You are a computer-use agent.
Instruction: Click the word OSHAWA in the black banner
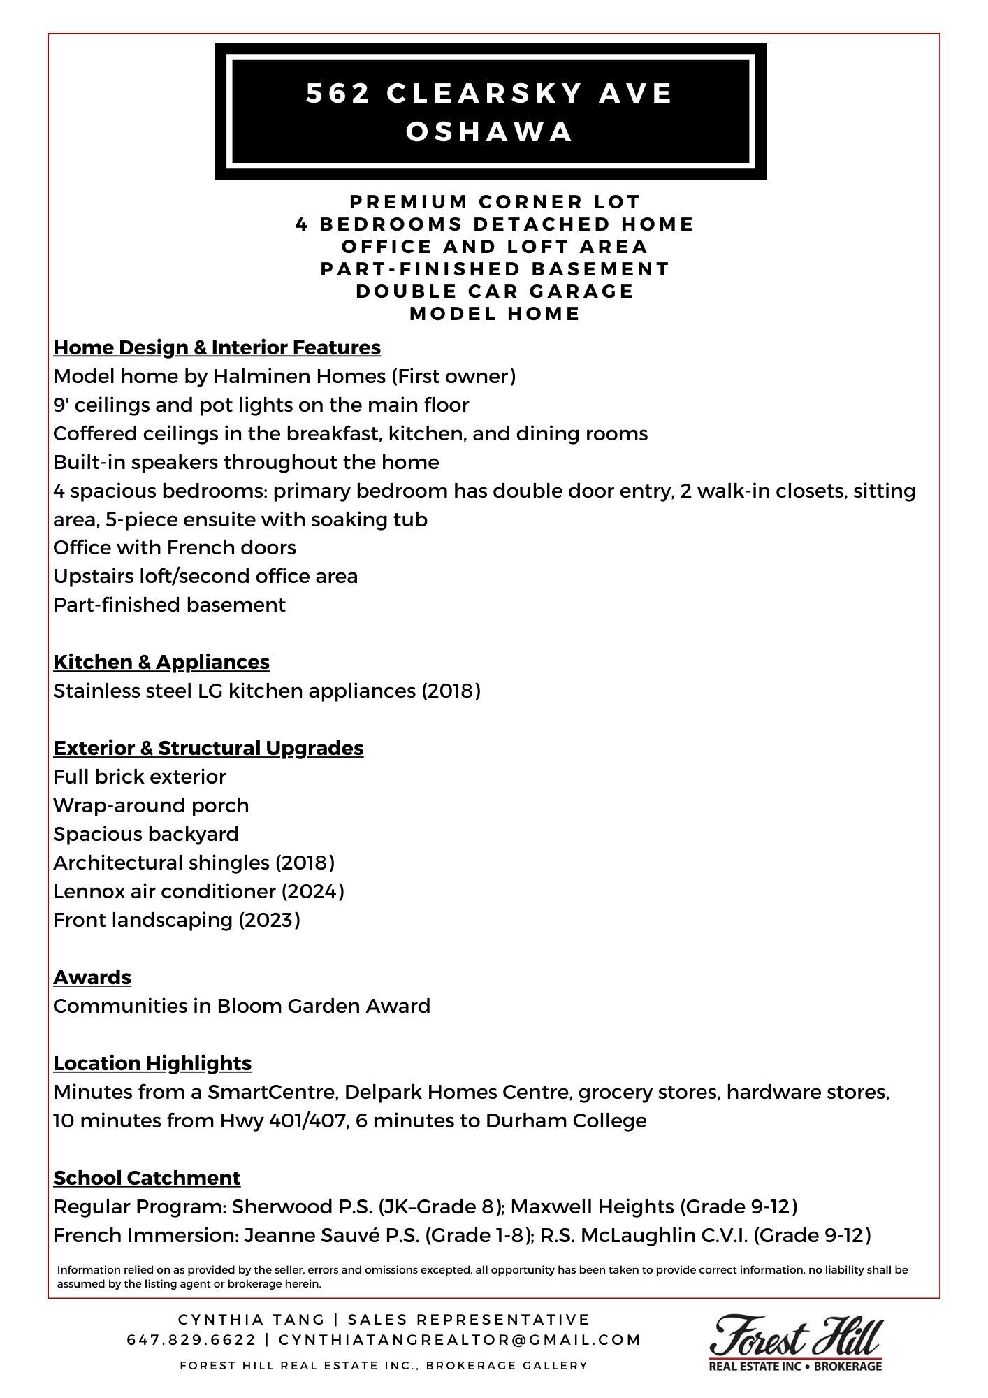490,132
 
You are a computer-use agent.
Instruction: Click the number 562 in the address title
338,94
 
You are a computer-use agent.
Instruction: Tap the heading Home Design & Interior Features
217,347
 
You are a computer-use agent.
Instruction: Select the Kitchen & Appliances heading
161,662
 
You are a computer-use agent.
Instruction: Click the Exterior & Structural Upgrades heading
208,748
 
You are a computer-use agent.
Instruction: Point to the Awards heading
92,977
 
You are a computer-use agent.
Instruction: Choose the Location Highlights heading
152,1063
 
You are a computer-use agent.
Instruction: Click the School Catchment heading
147,1178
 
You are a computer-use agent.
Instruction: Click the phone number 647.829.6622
191,1340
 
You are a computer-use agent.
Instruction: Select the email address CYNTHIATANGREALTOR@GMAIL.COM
460,1340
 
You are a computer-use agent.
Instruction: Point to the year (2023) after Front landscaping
269,920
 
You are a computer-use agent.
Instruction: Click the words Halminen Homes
299,377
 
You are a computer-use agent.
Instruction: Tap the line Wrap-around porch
151,805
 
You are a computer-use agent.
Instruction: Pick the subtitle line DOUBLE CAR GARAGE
495,291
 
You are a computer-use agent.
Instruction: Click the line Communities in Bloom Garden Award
242,1006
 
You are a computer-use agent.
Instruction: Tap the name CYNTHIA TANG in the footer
252,1320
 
